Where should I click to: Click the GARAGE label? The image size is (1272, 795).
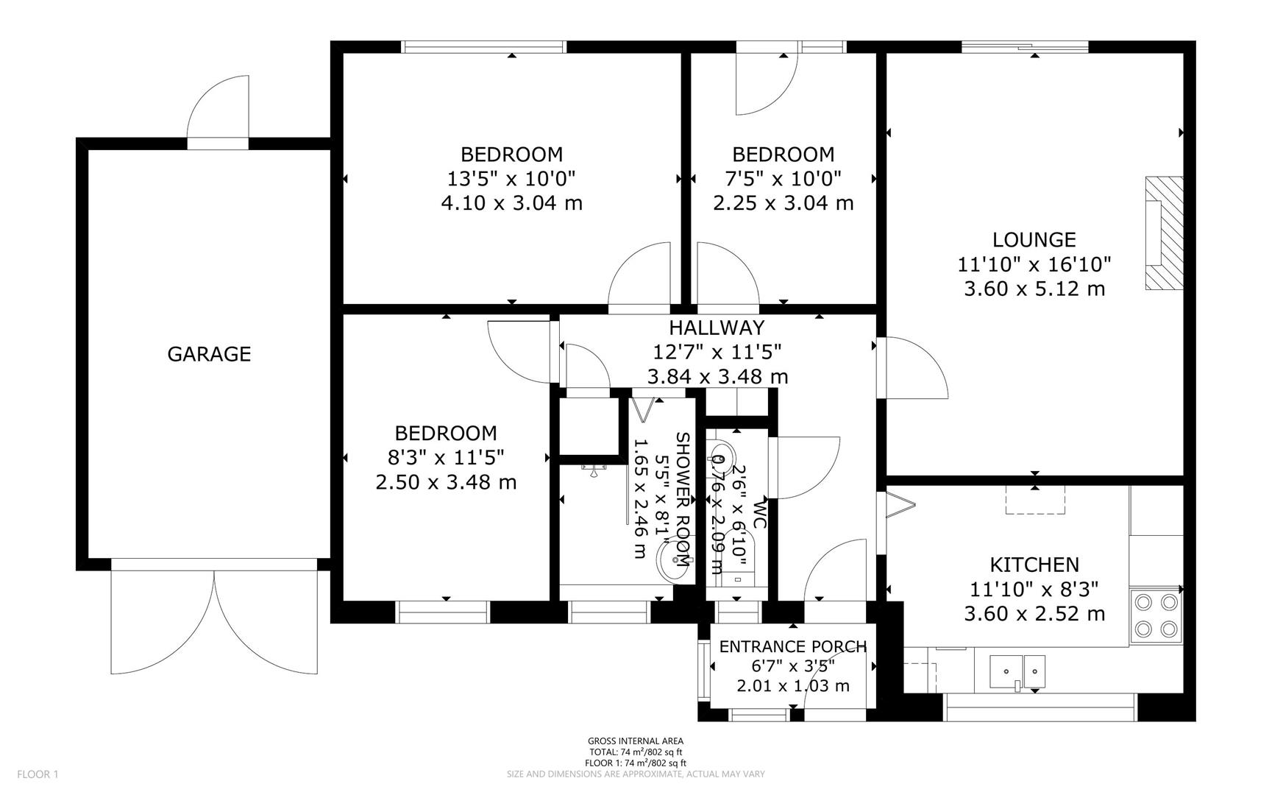(x=209, y=354)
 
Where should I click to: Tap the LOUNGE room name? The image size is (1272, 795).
(x=1034, y=239)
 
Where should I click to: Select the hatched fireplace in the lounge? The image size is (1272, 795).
(x=1163, y=233)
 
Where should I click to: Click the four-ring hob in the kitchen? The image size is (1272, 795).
(x=1156, y=615)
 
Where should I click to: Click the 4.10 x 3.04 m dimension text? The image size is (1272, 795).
(x=511, y=202)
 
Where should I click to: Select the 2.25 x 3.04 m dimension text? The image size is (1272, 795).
(x=783, y=202)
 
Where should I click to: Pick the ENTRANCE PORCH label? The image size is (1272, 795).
(x=792, y=646)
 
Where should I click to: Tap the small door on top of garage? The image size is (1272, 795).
(x=218, y=110)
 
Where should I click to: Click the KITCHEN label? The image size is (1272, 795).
(x=1034, y=565)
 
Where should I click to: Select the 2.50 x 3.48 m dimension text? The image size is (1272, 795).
(x=446, y=482)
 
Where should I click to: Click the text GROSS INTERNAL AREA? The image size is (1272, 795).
(x=635, y=741)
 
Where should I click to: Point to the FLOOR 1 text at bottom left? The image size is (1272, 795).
(x=37, y=774)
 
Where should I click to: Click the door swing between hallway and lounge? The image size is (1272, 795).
(x=912, y=368)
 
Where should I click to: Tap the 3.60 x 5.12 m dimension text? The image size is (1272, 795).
(x=1034, y=289)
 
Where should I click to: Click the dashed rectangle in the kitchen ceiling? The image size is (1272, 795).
(x=1035, y=500)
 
